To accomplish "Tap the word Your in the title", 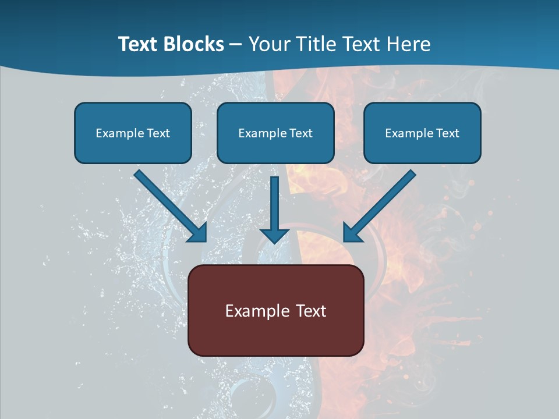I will [x=270, y=44].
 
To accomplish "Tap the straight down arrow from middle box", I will [x=275, y=204].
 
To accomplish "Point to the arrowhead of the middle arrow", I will [x=275, y=235].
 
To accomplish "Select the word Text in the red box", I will [x=311, y=311].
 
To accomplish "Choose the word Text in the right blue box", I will [x=447, y=133].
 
